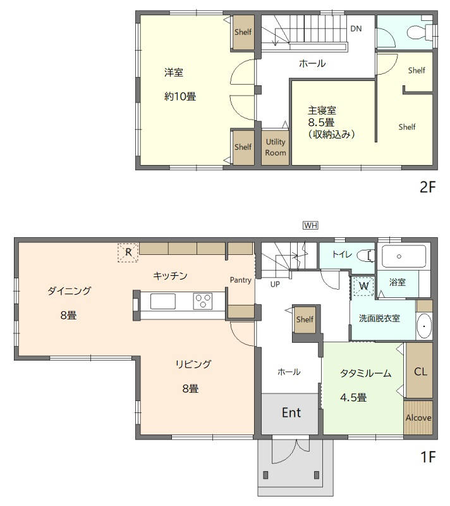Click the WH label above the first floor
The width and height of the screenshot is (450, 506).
[x=310, y=225]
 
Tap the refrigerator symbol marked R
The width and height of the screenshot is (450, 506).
[x=128, y=252]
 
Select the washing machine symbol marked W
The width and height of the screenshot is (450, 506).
[x=363, y=286]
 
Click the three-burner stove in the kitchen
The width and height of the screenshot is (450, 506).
[x=202, y=301]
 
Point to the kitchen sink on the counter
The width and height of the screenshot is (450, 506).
[x=163, y=302]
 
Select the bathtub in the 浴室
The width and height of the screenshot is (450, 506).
[x=404, y=256]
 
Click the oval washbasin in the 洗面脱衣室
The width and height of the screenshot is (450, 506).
[x=424, y=326]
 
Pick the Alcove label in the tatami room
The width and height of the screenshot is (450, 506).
[x=418, y=417]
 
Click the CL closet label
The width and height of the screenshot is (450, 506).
[x=420, y=371]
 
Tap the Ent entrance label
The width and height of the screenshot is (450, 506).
[x=291, y=412]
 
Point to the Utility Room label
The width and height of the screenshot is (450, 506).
[x=276, y=147]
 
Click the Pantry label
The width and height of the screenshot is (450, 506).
[x=240, y=280]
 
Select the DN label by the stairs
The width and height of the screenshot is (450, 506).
[x=356, y=28]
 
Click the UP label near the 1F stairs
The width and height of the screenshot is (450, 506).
[x=275, y=284]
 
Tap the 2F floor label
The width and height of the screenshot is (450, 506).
[x=427, y=187]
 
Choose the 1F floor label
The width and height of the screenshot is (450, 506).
[x=428, y=457]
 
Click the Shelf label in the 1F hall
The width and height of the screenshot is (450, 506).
[x=305, y=319]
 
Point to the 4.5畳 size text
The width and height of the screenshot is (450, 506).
[x=353, y=397]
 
